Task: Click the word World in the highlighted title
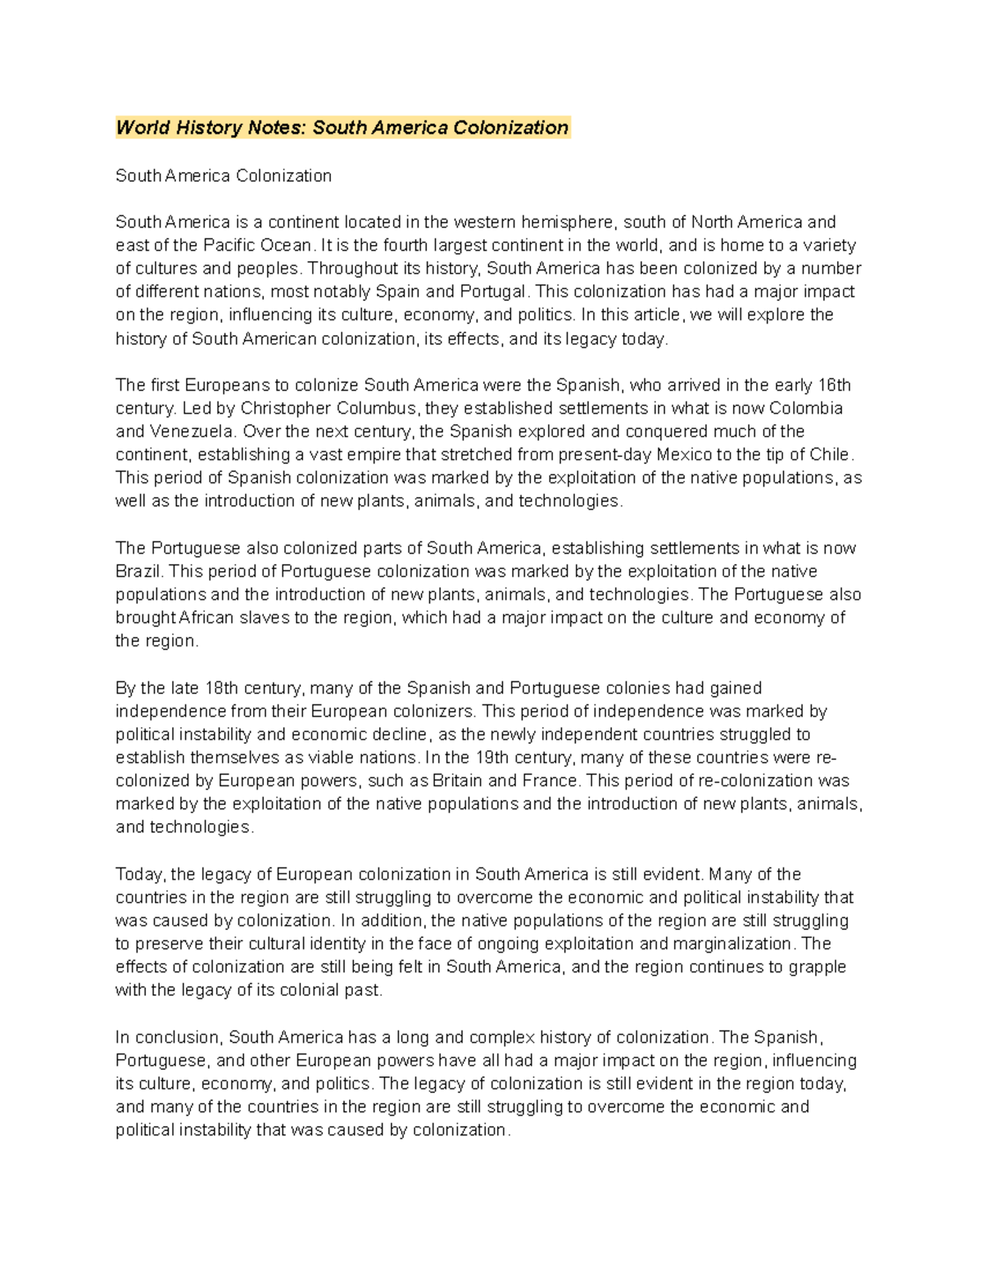point(143,128)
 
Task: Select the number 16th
point(835,385)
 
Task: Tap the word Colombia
point(806,408)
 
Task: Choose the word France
point(550,781)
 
